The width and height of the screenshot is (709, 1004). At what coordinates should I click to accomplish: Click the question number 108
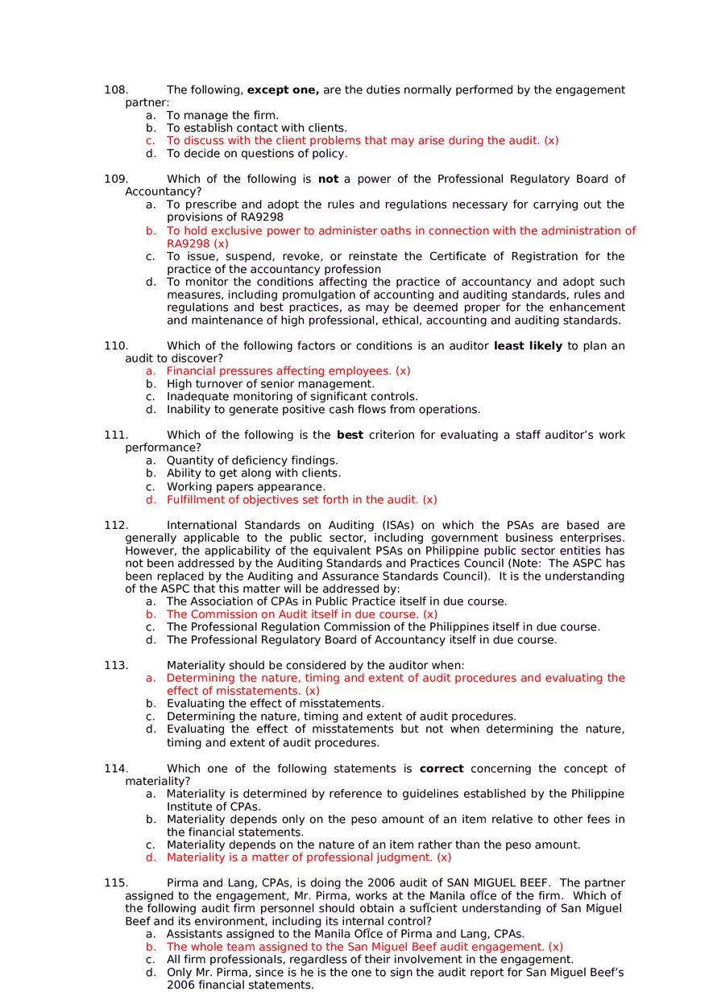point(116,90)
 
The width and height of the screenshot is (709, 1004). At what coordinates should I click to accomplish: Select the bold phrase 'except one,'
point(283,90)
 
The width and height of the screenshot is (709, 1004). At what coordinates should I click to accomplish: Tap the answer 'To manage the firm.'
point(222,115)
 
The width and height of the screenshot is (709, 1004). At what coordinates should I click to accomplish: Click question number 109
point(116,179)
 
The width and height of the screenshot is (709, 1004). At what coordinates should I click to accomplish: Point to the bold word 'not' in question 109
point(328,179)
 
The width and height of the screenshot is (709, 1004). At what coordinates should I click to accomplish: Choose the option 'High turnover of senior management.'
point(271,384)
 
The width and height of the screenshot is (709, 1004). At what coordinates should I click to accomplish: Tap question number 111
point(116,435)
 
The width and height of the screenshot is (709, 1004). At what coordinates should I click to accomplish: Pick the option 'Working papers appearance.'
point(247,487)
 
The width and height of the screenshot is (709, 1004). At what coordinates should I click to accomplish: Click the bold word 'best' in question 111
point(350,435)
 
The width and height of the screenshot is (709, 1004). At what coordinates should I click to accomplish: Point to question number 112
point(116,525)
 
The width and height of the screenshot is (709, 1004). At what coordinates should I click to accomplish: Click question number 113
point(116,665)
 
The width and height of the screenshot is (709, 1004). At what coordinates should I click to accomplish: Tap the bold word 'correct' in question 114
point(442,769)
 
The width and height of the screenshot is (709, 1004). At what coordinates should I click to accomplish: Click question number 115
point(116,883)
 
